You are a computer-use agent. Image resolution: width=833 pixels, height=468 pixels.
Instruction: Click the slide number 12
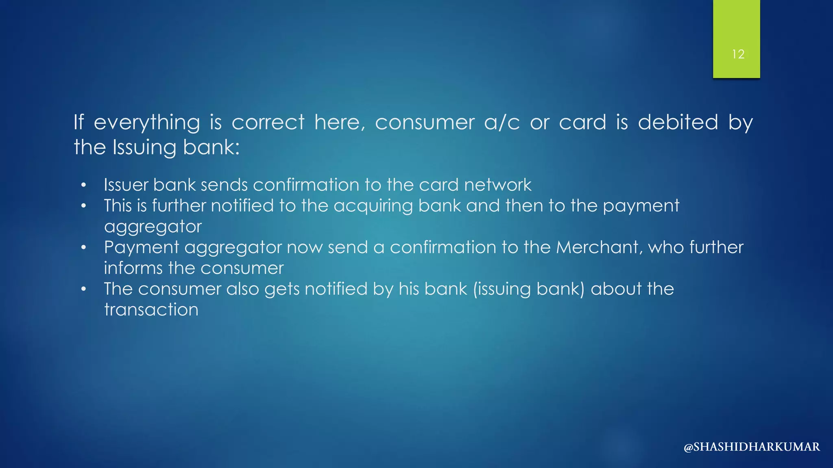pos(738,54)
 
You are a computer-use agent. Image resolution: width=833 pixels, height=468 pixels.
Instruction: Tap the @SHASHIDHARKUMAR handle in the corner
pos(752,447)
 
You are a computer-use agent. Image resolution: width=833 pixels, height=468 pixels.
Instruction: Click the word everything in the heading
pos(147,123)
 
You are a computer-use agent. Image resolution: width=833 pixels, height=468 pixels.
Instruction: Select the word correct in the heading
pos(268,122)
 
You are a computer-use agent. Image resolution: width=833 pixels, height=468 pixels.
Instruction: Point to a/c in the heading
pos(502,122)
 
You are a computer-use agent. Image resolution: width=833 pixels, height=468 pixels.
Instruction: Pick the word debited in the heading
pos(678,122)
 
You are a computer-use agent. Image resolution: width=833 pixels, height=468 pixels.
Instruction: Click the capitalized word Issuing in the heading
pos(144,147)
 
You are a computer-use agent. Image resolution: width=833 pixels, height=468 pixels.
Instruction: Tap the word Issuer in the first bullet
pos(126,185)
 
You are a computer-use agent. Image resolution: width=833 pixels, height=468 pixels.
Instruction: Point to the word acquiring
pos(373,206)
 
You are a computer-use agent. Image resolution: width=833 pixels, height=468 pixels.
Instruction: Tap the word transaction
pos(151,310)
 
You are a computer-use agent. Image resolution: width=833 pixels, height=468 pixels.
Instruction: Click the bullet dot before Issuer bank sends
pos(83,185)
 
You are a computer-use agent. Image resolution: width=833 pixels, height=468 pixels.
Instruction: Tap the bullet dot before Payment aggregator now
pos(83,247)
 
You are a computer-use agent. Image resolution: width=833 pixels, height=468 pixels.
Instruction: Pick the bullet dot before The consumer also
pos(83,289)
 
